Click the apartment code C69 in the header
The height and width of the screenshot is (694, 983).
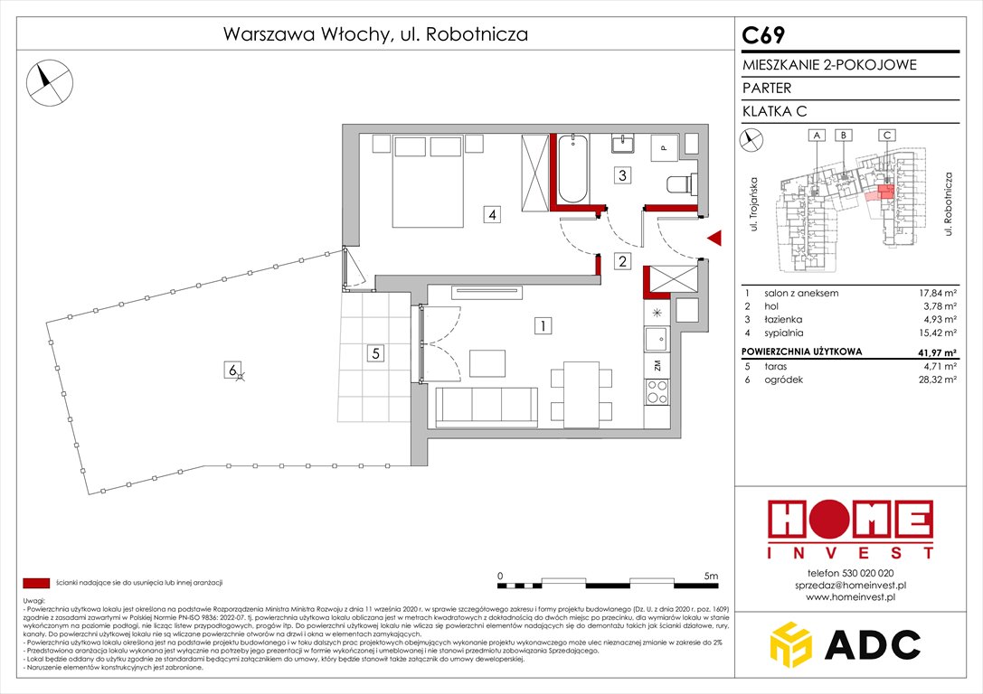point(764,35)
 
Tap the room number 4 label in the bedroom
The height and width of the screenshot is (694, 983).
point(490,215)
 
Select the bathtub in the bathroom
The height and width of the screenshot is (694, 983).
point(572,169)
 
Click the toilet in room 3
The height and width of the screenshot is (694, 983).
point(679,184)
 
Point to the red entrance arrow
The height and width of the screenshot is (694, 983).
point(714,238)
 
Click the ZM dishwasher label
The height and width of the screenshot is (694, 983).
point(657,366)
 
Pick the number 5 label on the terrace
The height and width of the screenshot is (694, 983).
point(374,353)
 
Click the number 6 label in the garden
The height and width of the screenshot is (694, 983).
point(232,369)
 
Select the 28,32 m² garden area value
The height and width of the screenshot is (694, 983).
point(935,380)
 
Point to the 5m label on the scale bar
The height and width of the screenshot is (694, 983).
point(710,575)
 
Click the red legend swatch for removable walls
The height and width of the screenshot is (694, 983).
point(36,584)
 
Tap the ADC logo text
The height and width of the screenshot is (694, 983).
point(879,645)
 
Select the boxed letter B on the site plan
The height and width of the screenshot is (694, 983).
point(843,135)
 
